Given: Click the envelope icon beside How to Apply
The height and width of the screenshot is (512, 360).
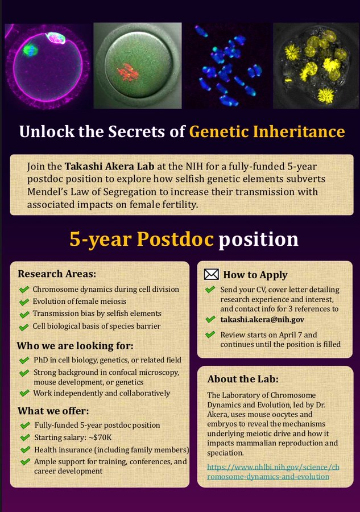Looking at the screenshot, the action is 211,275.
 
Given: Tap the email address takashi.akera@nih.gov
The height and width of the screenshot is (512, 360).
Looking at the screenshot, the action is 262,319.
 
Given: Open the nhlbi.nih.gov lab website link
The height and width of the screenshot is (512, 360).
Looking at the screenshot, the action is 273,472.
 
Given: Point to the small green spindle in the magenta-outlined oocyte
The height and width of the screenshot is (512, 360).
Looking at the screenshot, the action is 30,51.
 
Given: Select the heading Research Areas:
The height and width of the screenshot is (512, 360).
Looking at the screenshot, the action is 57,274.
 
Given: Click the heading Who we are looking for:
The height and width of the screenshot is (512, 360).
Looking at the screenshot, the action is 75,346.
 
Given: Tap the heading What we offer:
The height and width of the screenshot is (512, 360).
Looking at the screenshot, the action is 53,411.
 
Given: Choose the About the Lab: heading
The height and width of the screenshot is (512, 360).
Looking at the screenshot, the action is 243,379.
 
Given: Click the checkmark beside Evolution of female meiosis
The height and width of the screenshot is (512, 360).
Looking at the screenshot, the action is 24,302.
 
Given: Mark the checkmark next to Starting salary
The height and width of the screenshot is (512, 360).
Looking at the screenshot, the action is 25,437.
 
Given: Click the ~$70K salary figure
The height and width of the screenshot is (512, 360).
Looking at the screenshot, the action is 100,437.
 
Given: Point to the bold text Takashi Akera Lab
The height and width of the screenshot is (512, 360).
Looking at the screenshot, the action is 109,166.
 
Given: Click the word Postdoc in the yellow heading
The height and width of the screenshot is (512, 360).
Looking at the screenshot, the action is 175,239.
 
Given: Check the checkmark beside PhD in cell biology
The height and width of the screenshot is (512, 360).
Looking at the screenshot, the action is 24,361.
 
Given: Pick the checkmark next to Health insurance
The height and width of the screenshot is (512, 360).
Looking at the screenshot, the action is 25,450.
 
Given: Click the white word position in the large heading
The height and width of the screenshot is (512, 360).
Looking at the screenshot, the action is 259,240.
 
